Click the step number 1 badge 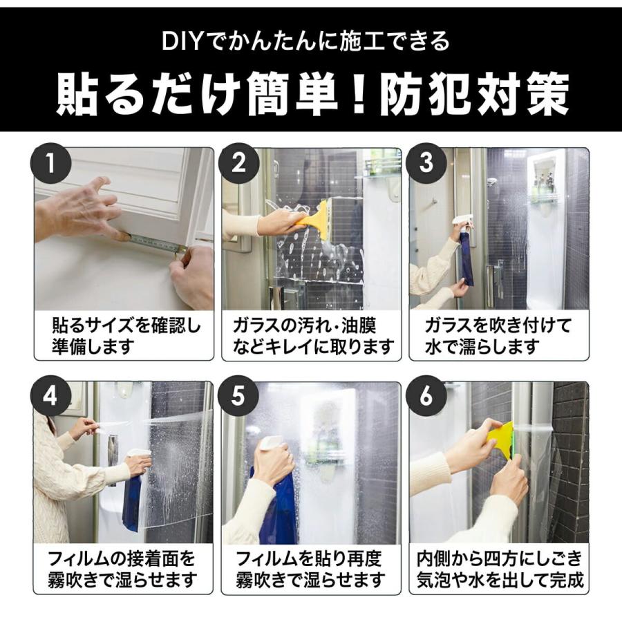[x=50, y=162]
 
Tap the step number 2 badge [x=238, y=162]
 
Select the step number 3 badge [x=427, y=162]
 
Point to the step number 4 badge [x=50, y=396]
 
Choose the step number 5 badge [x=238, y=396]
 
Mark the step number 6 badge [x=427, y=396]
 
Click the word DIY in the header [x=181, y=41]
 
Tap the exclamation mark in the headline [x=359, y=95]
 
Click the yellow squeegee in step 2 [x=315, y=221]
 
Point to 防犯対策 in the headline [x=474, y=95]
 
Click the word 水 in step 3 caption [x=433, y=347]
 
